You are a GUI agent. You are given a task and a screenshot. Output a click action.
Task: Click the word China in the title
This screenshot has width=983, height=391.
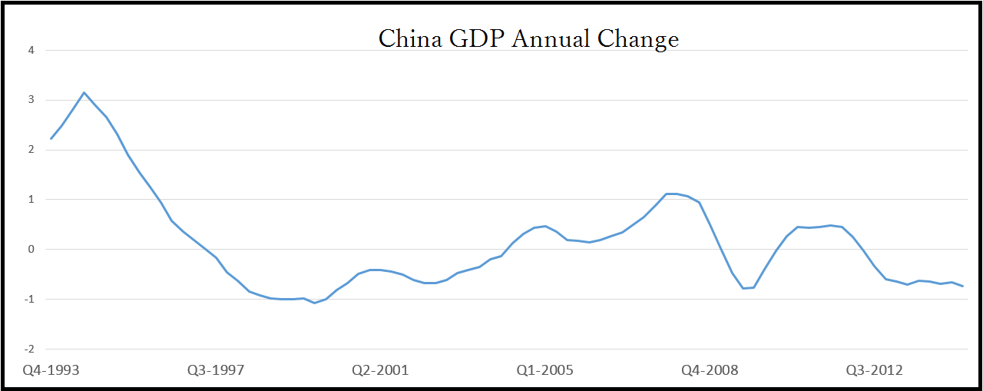coord(410,38)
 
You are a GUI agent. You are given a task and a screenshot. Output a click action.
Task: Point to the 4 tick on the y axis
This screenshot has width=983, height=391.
coord(32,51)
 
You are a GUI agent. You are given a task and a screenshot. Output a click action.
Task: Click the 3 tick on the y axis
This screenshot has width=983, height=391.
coord(32,100)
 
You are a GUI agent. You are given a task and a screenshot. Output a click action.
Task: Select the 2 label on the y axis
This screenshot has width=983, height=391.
coord(32,150)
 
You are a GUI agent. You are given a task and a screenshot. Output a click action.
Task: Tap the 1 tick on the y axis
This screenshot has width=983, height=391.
coord(32,200)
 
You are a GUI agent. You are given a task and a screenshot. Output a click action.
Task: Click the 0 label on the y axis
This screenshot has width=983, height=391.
coord(32,249)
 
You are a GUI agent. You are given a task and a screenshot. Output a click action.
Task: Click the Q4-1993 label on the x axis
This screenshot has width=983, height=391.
coord(51,370)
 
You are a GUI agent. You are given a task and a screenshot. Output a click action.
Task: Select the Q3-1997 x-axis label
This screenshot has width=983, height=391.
coord(216,370)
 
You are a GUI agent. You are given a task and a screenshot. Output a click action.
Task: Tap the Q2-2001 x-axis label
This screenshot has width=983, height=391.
coord(380,370)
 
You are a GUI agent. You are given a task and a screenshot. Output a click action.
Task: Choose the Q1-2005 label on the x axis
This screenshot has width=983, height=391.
coord(544,370)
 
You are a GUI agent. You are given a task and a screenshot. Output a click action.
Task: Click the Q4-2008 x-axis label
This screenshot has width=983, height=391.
coord(710,370)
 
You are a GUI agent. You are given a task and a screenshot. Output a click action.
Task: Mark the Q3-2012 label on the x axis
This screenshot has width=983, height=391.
coord(874,370)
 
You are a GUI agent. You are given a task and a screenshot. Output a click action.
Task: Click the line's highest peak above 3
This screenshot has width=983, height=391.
coord(84,92)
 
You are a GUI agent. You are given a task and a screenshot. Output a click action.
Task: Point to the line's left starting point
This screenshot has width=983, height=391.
coord(51,139)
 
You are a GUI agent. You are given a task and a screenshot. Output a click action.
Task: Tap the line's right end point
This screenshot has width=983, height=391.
coord(963,286)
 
